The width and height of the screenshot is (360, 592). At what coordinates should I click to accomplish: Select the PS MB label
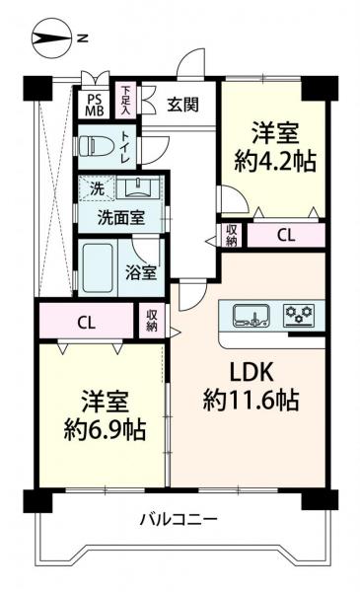pyautogui.click(x=95, y=104)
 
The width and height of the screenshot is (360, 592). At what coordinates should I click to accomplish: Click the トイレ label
pyautogui.click(x=127, y=149)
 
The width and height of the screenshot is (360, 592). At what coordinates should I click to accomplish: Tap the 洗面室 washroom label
pyautogui.click(x=121, y=216)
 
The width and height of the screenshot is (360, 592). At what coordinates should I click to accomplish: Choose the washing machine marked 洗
pyautogui.click(x=96, y=187)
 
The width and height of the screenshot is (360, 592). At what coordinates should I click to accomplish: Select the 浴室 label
pyautogui.click(x=142, y=273)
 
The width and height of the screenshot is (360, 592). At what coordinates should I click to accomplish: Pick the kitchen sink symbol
pyautogui.click(x=251, y=316)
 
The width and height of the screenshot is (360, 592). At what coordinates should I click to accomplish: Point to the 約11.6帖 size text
pyautogui.click(x=250, y=402)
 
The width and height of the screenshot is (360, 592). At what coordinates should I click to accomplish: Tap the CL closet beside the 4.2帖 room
pyautogui.click(x=284, y=235)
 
